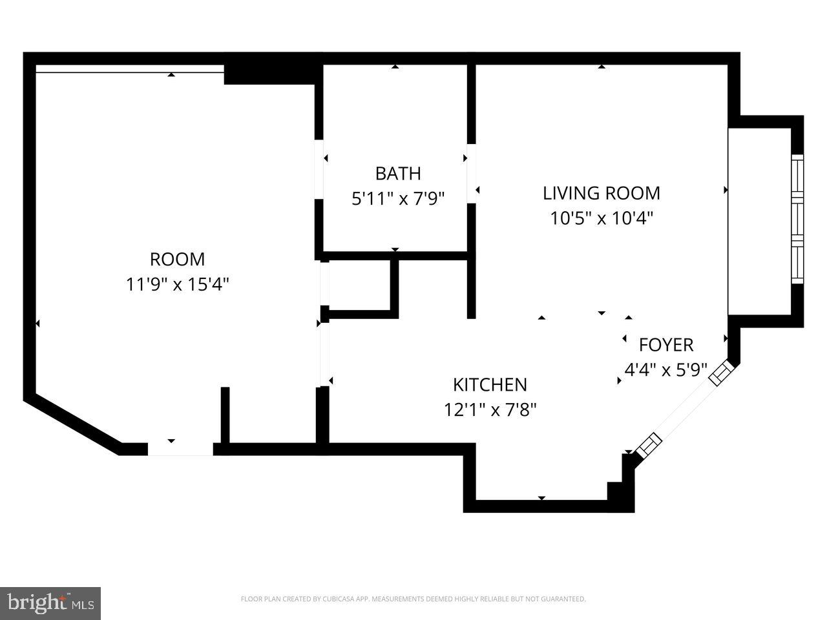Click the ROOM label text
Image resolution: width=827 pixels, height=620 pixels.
point(177,260)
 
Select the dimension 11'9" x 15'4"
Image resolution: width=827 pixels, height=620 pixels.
point(177,284)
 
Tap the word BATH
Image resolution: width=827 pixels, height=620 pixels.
point(398,174)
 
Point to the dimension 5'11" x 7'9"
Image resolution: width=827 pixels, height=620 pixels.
point(398,198)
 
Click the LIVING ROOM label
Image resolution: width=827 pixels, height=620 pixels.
point(601,193)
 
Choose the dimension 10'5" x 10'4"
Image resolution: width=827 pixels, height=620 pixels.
point(601,218)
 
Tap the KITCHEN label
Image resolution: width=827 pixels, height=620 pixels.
point(490,385)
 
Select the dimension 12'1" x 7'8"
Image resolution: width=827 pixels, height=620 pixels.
point(490,409)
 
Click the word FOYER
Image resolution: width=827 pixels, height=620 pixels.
point(665,345)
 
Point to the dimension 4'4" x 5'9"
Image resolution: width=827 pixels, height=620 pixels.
point(665,370)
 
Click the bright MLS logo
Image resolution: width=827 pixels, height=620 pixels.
point(50,603)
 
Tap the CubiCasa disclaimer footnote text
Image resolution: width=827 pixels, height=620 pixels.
point(413,599)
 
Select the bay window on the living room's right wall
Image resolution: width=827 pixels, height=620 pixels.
point(797,218)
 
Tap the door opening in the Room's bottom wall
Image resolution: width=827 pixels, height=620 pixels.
point(180,449)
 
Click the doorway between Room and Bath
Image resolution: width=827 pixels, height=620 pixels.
point(319,169)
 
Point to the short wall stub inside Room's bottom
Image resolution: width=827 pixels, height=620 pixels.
point(225,415)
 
